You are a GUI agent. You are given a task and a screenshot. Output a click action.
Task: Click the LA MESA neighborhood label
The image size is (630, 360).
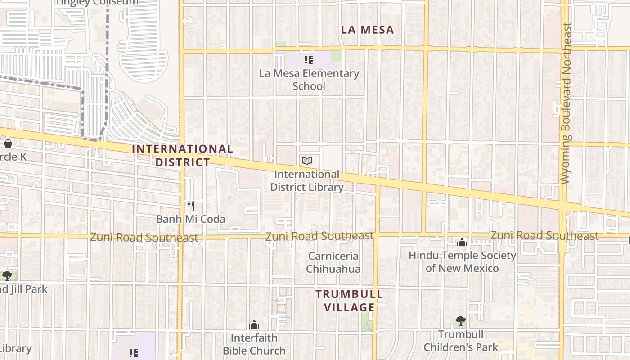pyautogui.click(x=367, y=30)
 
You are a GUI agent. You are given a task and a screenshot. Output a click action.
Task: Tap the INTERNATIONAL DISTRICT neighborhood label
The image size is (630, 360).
pyautogui.click(x=183, y=155)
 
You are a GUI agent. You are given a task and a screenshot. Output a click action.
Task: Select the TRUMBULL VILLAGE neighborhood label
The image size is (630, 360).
pyautogui.click(x=349, y=301)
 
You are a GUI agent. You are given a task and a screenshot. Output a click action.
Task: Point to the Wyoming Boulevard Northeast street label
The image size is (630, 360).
pyautogui.click(x=565, y=103)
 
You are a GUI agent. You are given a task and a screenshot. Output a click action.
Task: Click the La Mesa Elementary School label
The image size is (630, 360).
pyautogui.click(x=309, y=80)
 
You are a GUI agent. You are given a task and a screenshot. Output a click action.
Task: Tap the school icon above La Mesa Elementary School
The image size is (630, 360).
pyautogui.click(x=309, y=59)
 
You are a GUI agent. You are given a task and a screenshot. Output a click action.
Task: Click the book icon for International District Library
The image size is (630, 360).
pyautogui.click(x=307, y=161)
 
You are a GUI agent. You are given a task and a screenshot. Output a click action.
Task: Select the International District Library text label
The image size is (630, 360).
pyautogui.click(x=307, y=180)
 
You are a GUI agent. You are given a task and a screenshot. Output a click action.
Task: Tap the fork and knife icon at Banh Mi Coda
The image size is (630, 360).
pyautogui.click(x=191, y=206)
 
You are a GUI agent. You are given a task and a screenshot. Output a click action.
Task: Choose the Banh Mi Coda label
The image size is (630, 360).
pyautogui.click(x=191, y=219)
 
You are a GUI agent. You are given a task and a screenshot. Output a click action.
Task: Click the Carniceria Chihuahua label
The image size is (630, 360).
pyautogui.click(x=333, y=262)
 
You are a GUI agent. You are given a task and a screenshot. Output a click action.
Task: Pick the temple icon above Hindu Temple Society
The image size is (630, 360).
pyautogui.click(x=462, y=243)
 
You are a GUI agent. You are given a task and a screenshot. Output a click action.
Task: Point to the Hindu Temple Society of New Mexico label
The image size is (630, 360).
pyautogui.click(x=462, y=261)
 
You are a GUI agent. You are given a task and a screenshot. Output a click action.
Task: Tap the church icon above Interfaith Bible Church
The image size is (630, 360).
pyautogui.click(x=254, y=324)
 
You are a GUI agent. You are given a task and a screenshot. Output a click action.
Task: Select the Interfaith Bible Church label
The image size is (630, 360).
pyautogui.click(x=254, y=344)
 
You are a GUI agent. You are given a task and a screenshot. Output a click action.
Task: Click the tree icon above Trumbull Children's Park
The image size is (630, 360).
pyautogui.click(x=460, y=321)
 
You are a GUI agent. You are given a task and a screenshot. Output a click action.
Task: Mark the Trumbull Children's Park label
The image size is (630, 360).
pyautogui.click(x=461, y=341)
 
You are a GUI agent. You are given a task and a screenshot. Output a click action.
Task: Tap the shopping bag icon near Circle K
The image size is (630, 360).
pyautogui.click(x=8, y=144)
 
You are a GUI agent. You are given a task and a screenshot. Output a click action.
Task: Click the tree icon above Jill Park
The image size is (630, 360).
pyautogui.click(x=7, y=275)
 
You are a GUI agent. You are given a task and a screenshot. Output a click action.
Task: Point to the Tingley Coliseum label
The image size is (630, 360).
pyautogui.click(x=97, y=2)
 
